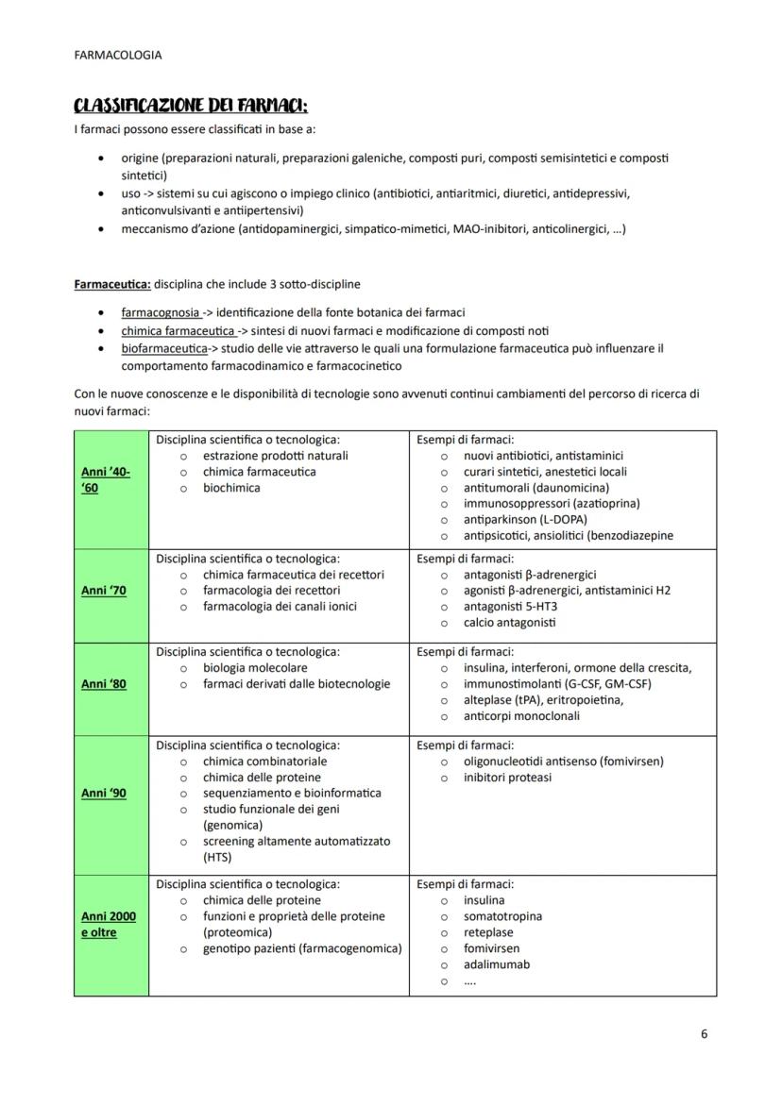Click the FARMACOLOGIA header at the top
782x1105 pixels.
click(x=117, y=55)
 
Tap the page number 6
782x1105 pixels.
click(x=705, y=1033)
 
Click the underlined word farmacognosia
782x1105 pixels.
click(x=160, y=312)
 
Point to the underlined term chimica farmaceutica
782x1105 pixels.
click(x=178, y=330)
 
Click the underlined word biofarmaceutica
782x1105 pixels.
click(x=163, y=348)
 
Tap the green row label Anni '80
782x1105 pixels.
click(x=104, y=684)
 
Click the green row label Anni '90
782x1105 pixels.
click(x=104, y=794)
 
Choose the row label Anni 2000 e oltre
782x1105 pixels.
click(x=108, y=924)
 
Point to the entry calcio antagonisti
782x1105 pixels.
click(x=510, y=622)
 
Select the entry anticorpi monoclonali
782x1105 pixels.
click(x=521, y=716)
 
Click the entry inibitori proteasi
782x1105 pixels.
click(x=508, y=778)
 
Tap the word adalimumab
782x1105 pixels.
click(x=497, y=964)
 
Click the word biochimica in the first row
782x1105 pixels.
click(x=231, y=488)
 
